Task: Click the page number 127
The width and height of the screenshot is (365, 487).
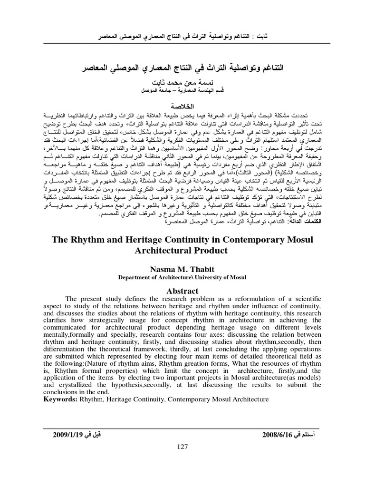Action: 183,446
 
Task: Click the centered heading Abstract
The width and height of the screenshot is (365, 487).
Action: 183,290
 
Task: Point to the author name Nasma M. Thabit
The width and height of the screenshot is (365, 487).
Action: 183,269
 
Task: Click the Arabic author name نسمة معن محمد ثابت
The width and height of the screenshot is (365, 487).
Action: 183,82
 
